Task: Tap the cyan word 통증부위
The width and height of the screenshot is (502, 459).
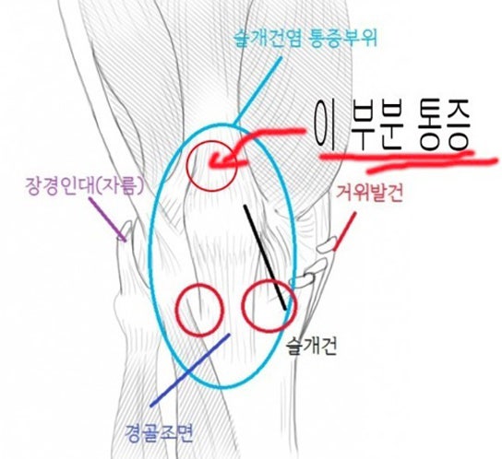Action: click(342, 38)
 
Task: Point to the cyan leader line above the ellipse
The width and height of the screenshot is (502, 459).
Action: click(258, 91)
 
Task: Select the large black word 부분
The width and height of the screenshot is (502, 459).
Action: click(376, 126)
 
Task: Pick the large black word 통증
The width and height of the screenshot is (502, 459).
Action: click(444, 126)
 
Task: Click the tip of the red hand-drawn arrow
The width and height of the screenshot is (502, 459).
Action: click(211, 163)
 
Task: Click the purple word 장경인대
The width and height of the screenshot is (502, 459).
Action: click(61, 186)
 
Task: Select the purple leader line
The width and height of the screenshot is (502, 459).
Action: click(107, 219)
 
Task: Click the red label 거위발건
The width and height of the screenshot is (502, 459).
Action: click(369, 193)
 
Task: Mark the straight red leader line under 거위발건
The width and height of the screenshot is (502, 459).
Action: click(344, 231)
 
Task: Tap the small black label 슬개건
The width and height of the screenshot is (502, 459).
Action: click(312, 347)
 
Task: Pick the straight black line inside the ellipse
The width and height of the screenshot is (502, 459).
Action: click(265, 257)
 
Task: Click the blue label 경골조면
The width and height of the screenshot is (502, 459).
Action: click(159, 433)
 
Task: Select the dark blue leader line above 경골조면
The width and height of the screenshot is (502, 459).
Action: click(190, 371)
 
